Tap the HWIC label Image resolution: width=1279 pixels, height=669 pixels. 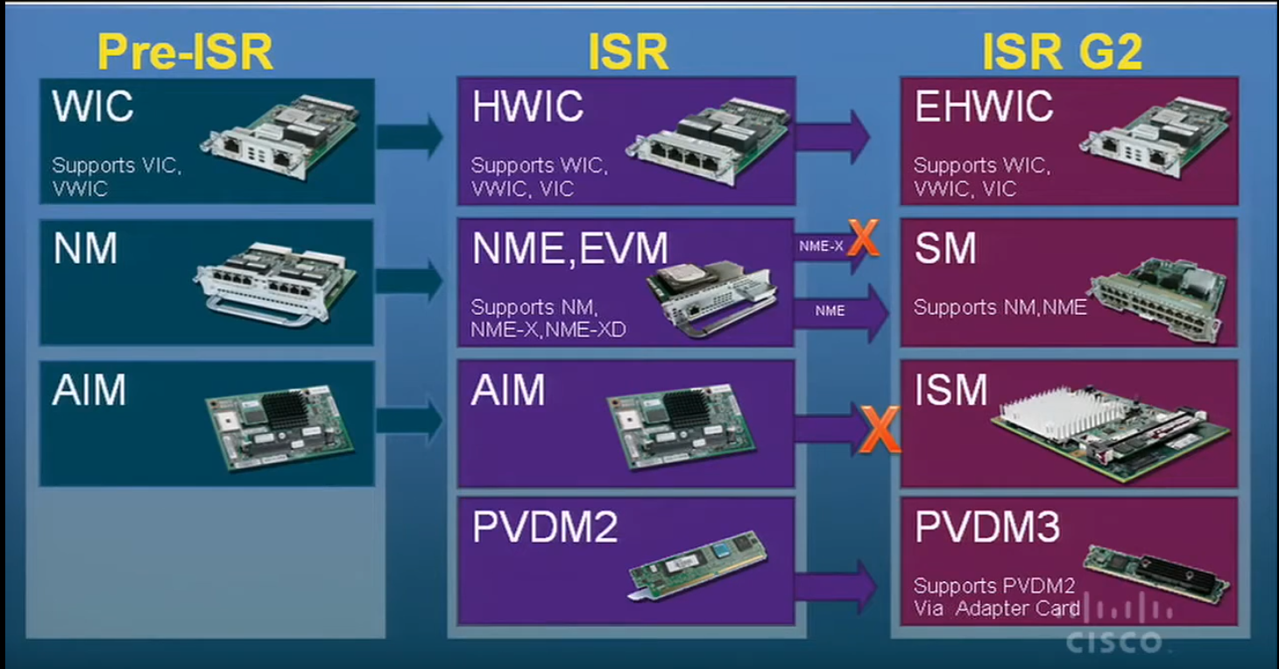tap(527, 107)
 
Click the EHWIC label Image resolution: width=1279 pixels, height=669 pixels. tap(984, 107)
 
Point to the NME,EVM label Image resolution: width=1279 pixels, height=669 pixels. tap(569, 249)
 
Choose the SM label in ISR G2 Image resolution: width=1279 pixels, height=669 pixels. tap(945, 249)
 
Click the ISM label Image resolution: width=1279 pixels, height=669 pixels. tap(950, 390)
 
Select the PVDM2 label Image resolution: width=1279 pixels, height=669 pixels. tap(545, 528)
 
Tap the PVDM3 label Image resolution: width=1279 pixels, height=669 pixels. tap(987, 528)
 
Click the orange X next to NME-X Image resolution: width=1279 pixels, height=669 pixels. tap(863, 238)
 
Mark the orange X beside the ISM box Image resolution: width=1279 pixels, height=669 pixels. tap(880, 431)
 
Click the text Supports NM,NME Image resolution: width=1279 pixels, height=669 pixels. tap(1000, 308)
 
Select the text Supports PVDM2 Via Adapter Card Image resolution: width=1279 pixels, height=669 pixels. tap(996, 597)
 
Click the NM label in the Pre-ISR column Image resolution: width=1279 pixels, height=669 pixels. tap(85, 249)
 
